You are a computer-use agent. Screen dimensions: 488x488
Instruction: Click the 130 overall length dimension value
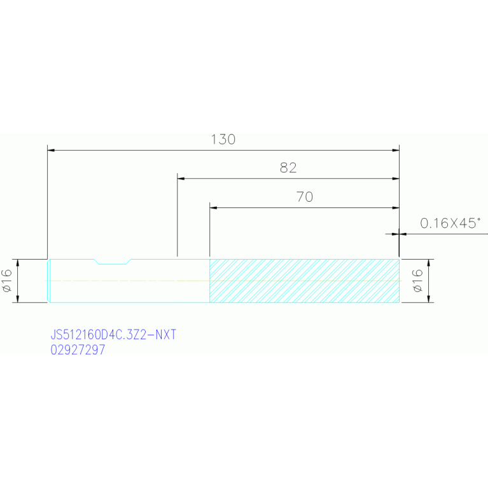pos(223,139)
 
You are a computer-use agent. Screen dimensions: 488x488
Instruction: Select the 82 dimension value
pos(288,168)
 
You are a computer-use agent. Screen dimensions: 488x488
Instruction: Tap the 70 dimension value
pos(304,197)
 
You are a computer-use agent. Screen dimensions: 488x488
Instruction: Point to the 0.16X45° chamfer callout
pos(450,223)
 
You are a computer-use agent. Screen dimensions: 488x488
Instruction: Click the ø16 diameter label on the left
pos(7,281)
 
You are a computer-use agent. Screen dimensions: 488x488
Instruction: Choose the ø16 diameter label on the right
pos(417,281)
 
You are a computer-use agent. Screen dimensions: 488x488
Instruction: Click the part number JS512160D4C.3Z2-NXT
pos(113,335)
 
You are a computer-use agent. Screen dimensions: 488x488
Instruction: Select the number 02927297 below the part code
pos(78,350)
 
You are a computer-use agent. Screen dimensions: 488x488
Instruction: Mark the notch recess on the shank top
pos(113,261)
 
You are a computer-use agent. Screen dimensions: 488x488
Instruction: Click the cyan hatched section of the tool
pos(304,281)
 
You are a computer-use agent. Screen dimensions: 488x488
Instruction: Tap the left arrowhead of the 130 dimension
pos(51,150)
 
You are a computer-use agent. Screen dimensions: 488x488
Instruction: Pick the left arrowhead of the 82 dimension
pos(181,179)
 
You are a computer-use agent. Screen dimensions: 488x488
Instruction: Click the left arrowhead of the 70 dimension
pos(213,207)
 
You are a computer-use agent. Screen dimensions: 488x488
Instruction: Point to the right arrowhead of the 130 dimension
pos(396,150)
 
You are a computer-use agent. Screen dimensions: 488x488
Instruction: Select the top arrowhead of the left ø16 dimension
pos(17,263)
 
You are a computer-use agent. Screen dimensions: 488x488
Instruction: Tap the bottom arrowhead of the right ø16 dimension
pos(429,299)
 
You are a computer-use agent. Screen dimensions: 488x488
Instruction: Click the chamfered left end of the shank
pos(48,281)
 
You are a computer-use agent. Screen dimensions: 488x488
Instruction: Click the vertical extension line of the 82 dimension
pos(177,215)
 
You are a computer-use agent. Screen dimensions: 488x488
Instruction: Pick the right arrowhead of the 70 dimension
pos(396,207)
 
